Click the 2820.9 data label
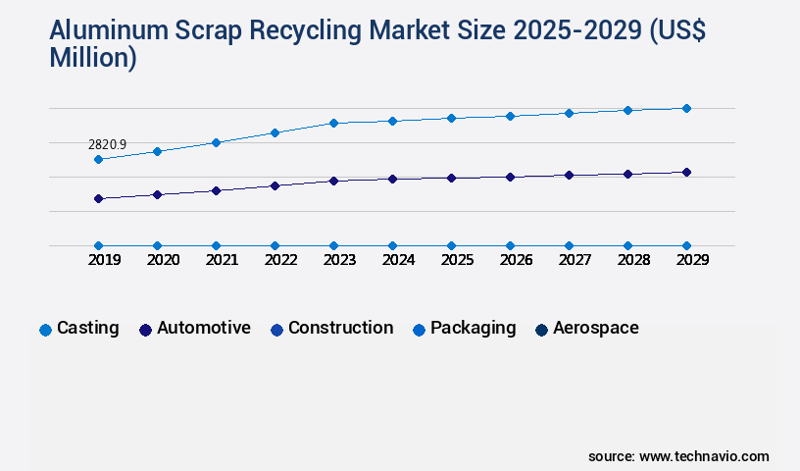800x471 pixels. click(x=107, y=144)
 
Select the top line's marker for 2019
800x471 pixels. click(x=98, y=159)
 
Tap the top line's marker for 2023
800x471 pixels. click(x=333, y=123)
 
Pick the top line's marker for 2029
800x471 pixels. click(x=686, y=108)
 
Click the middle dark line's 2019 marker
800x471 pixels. click(x=98, y=198)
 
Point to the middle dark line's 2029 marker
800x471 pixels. click(x=686, y=172)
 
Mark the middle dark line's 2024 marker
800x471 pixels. click(x=392, y=179)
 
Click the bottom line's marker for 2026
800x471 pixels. click(x=510, y=245)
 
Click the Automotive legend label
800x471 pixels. click(x=203, y=328)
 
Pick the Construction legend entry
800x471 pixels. click(x=340, y=328)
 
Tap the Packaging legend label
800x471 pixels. click(x=473, y=328)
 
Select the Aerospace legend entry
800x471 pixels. click(x=595, y=328)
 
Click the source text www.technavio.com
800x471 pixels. click(x=704, y=456)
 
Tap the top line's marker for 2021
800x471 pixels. click(x=216, y=142)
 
